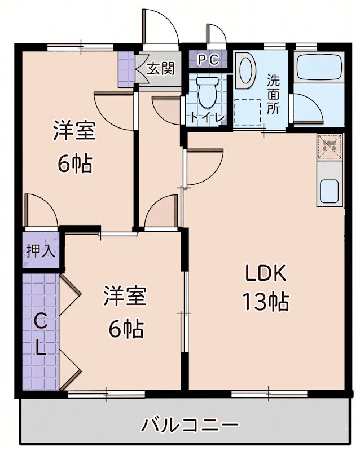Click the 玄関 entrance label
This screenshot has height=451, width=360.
point(161,68)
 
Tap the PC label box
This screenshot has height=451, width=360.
point(208,60)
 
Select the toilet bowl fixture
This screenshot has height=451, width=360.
point(207,92)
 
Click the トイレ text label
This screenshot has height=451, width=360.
point(207,118)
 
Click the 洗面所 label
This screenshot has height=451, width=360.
point(273,94)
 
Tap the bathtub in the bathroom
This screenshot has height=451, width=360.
point(319,67)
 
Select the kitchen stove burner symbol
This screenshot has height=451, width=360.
point(330,146)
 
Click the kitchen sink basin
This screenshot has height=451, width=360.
point(329,191)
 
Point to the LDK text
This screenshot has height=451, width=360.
point(265,273)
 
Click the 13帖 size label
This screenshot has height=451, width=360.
point(265,302)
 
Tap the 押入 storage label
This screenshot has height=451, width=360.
point(41,251)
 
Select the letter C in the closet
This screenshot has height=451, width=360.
point(41,321)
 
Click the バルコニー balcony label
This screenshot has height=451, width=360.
point(190,425)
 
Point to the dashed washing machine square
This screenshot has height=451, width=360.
point(247,112)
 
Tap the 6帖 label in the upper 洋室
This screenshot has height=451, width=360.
point(75,163)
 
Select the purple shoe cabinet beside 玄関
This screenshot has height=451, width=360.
point(126,69)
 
